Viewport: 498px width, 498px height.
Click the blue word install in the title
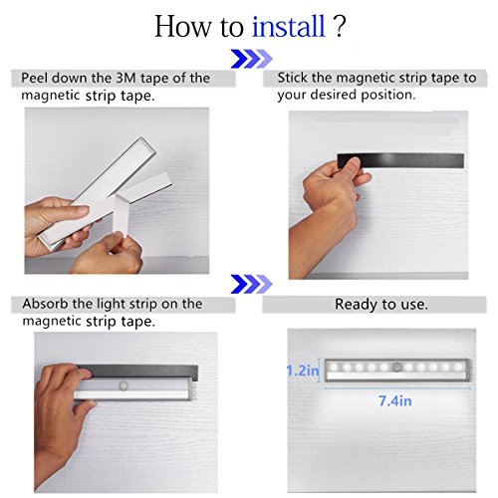click(x=289, y=26)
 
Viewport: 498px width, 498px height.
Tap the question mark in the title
click(x=340, y=27)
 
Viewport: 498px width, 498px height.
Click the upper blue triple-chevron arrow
click(x=251, y=59)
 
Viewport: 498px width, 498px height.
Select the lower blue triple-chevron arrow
click(x=251, y=284)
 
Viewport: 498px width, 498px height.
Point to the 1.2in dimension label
click(x=303, y=371)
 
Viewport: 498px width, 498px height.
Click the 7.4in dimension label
click(x=395, y=401)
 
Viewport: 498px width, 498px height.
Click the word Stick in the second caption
click(x=293, y=78)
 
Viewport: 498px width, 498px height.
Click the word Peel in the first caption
click(x=35, y=79)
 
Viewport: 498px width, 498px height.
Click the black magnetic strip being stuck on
click(x=400, y=161)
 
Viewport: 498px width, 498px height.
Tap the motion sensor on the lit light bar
click(x=397, y=368)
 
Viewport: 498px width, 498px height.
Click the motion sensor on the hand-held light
click(x=124, y=386)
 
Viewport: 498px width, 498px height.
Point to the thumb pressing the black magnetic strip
click(x=350, y=167)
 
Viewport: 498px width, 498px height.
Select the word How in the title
click(x=182, y=27)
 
